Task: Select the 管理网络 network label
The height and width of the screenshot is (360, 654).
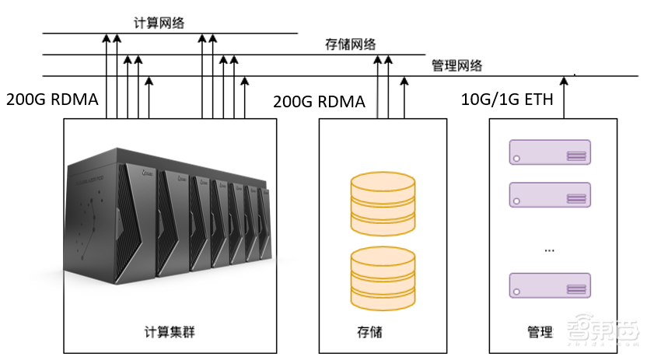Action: tap(456, 66)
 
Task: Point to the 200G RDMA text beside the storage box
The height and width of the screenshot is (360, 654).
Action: tap(319, 102)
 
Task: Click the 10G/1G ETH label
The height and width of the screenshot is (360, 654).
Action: tap(507, 101)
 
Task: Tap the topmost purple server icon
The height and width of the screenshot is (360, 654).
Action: tap(550, 152)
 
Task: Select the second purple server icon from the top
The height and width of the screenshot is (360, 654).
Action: tap(550, 195)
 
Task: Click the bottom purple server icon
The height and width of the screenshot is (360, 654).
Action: tap(550, 285)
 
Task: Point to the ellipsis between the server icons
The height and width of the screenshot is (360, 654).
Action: tap(550, 250)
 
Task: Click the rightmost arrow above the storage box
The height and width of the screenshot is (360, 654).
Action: tap(403, 96)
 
